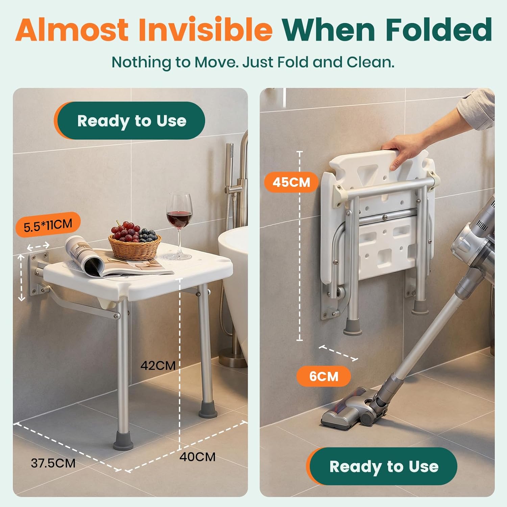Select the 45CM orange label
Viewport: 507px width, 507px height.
pyautogui.click(x=291, y=182)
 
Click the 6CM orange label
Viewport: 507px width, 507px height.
pyautogui.click(x=323, y=376)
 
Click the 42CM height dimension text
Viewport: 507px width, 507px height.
pyautogui.click(x=158, y=365)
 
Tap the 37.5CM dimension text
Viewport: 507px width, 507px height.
pyautogui.click(x=53, y=463)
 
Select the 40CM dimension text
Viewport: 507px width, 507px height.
pyautogui.click(x=197, y=457)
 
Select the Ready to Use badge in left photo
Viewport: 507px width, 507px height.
pyautogui.click(x=131, y=121)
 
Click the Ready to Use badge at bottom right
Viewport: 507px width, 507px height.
pyautogui.click(x=384, y=466)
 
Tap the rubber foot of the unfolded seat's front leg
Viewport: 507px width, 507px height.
pyautogui.click(x=123, y=441)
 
